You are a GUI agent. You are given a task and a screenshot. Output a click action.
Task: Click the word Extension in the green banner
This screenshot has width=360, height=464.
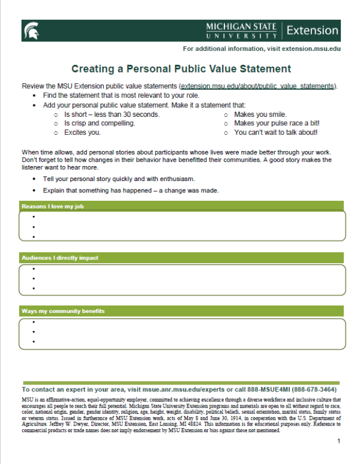(312, 30)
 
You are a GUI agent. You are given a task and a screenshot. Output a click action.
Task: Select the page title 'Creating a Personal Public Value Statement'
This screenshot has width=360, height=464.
(181, 69)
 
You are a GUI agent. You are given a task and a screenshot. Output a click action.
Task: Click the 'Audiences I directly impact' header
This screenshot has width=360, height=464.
(60, 258)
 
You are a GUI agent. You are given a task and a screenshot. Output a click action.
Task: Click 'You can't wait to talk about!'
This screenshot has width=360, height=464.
(276, 132)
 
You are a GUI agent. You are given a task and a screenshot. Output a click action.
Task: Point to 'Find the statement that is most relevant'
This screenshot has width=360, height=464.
(121, 95)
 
